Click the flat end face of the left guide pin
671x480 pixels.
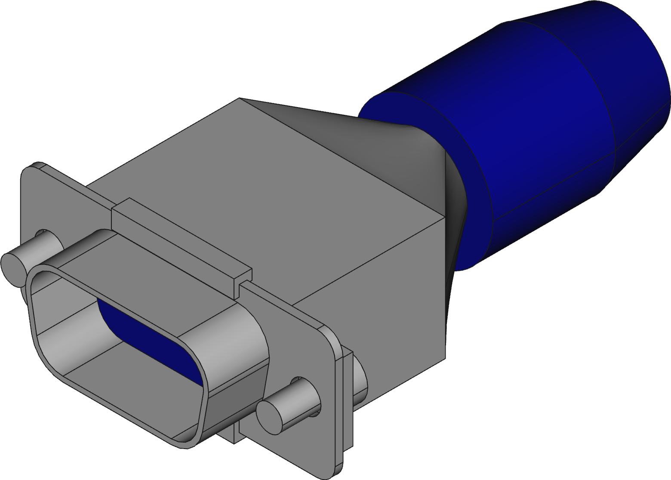point(13,269)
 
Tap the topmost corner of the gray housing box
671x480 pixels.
point(239,98)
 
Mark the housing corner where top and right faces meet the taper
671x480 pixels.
point(445,217)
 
